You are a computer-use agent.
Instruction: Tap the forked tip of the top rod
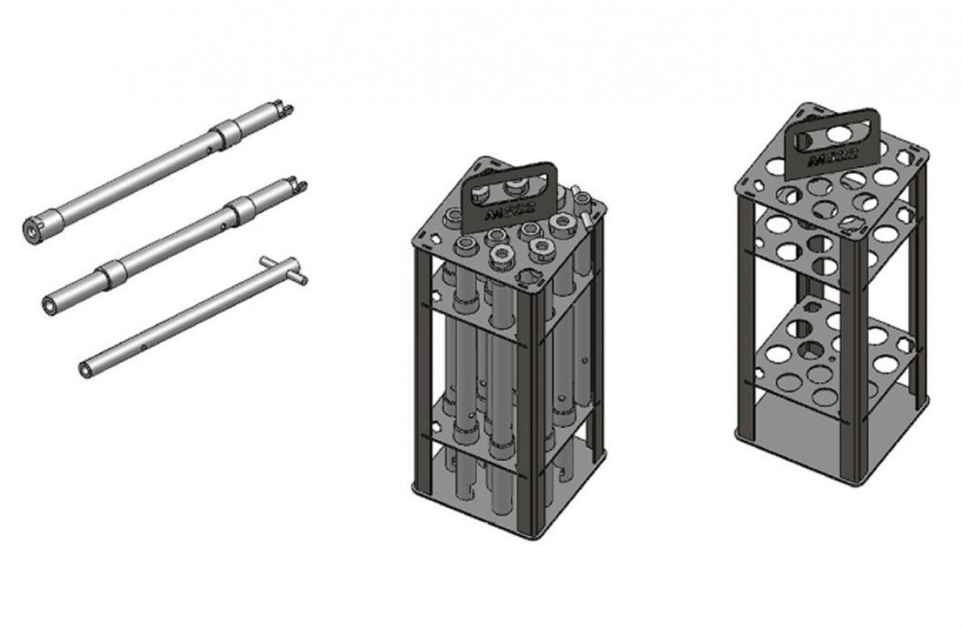tap(284, 110)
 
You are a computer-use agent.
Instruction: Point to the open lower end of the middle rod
tap(50, 305)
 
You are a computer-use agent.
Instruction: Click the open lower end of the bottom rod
tap(86, 370)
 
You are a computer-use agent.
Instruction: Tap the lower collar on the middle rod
tap(113, 274)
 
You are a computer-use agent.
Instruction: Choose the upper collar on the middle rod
tap(241, 209)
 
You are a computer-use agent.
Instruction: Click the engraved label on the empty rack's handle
tap(834, 159)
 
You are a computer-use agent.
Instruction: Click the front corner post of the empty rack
tap(850, 366)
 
